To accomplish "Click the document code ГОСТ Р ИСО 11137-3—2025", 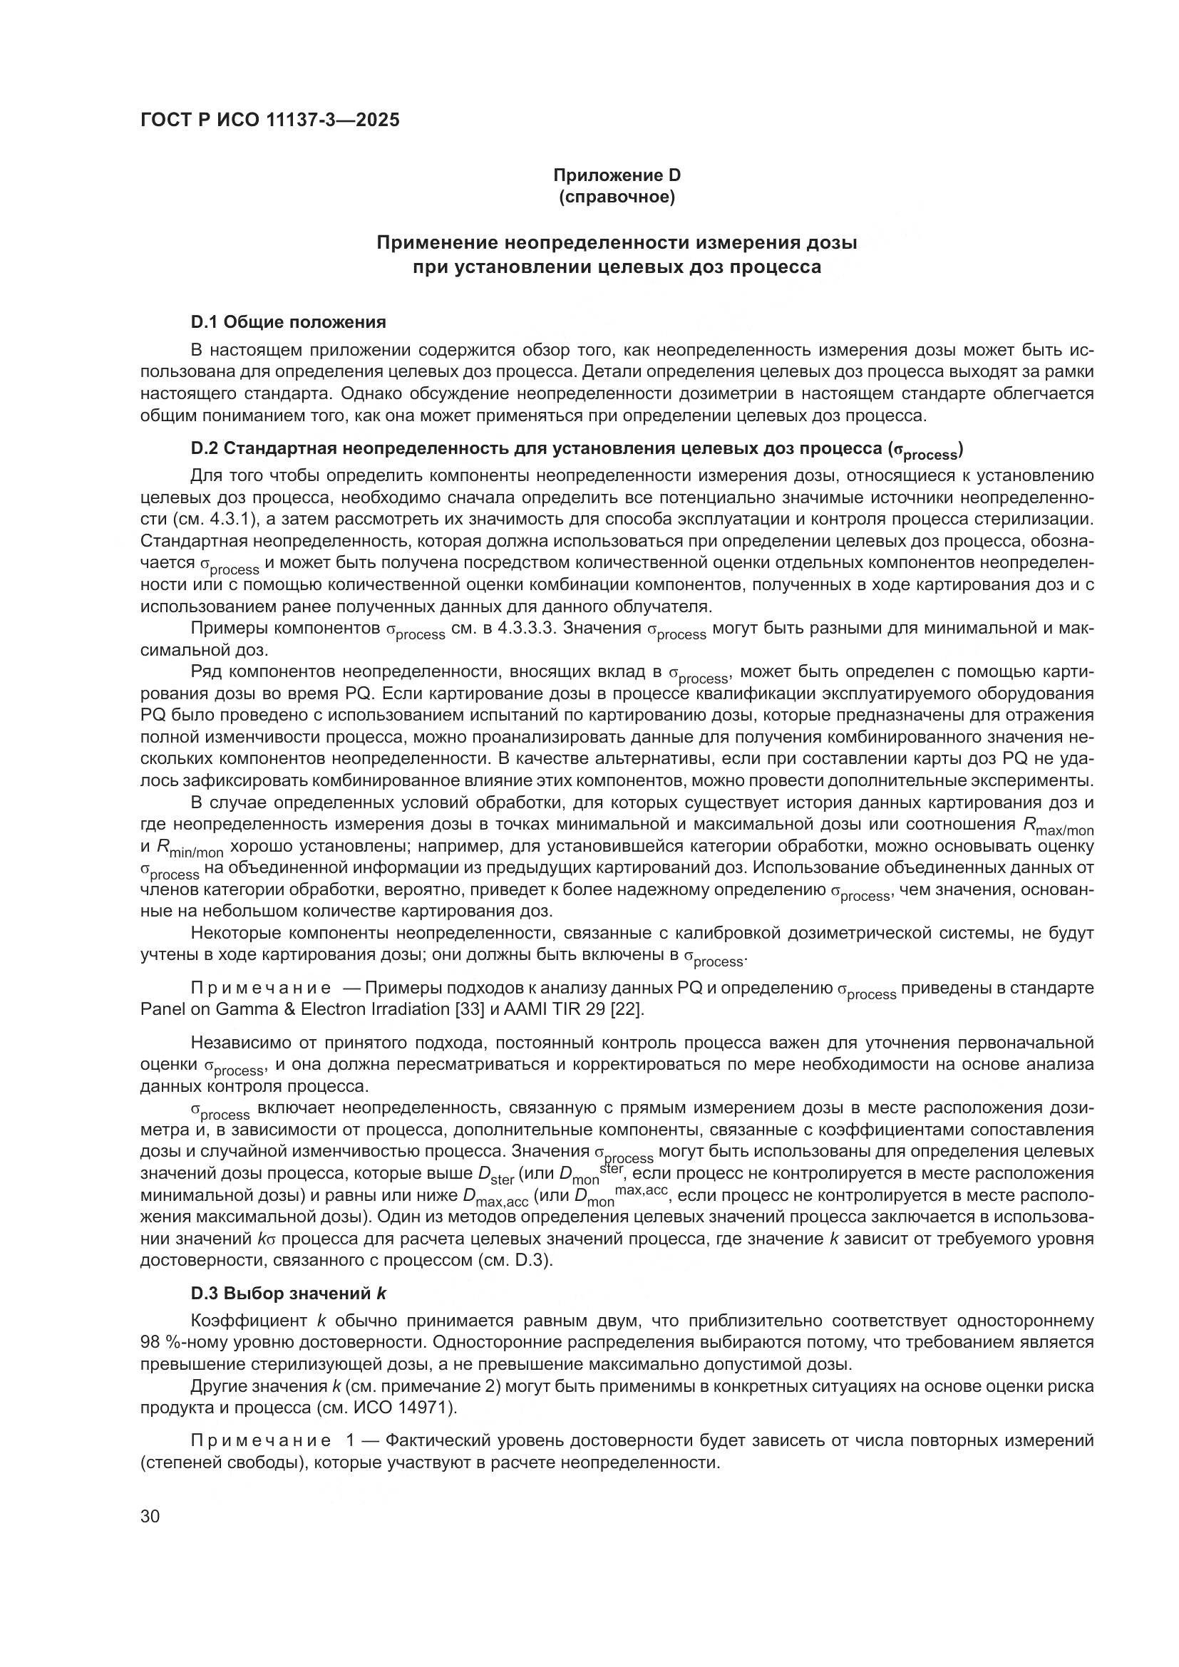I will point(269,120).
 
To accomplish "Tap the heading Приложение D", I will point(617,175).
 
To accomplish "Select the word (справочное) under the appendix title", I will point(617,197).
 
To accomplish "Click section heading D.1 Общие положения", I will point(288,321).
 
